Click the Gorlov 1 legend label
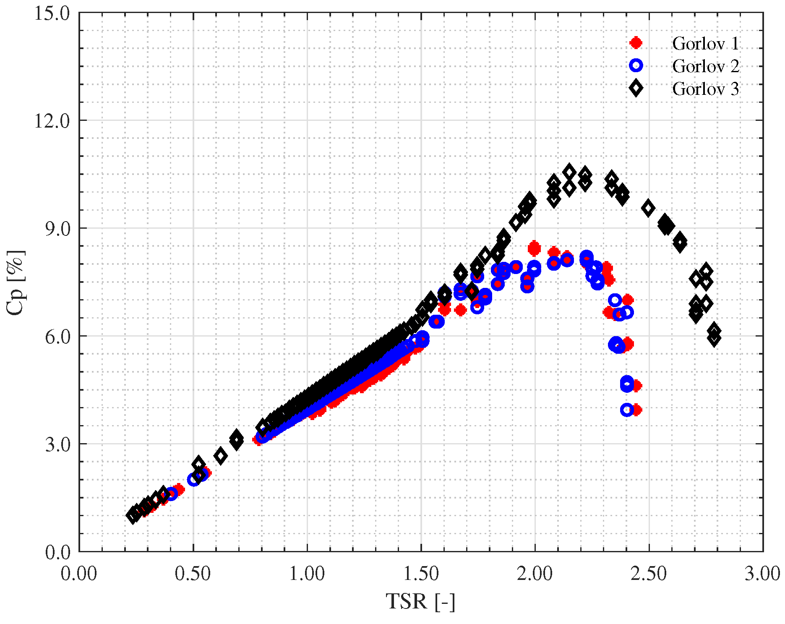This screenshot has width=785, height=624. point(705,43)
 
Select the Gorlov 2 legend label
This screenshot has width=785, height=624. point(705,66)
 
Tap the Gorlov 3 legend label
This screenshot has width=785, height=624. point(705,89)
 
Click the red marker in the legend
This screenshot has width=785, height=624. point(636,43)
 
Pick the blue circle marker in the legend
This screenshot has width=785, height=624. point(636,65)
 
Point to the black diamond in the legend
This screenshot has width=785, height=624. point(636,88)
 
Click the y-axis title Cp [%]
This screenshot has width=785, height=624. point(16,282)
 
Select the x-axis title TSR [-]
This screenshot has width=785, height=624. point(420,601)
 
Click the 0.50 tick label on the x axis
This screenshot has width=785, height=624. point(193,574)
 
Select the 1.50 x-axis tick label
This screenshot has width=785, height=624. point(421,574)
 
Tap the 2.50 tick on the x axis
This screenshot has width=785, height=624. point(649,574)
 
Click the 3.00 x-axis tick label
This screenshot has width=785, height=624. point(762,574)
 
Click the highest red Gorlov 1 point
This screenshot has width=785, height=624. point(534,248)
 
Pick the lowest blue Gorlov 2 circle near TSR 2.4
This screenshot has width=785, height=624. point(627,410)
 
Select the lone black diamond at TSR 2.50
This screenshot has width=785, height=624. point(649,208)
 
